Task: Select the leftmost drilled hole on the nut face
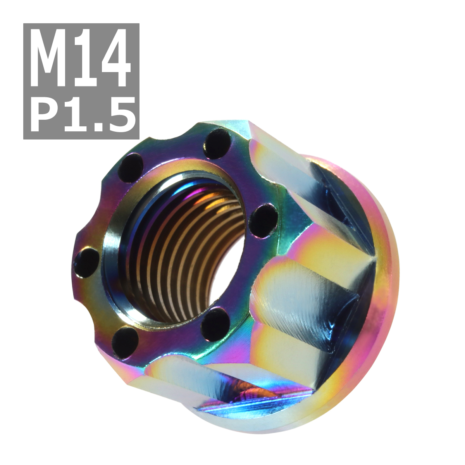click(x=86, y=262)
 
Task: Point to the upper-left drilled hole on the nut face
click(x=131, y=167)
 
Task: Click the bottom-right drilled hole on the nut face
click(x=215, y=322)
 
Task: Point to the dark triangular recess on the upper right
click(x=341, y=201)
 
